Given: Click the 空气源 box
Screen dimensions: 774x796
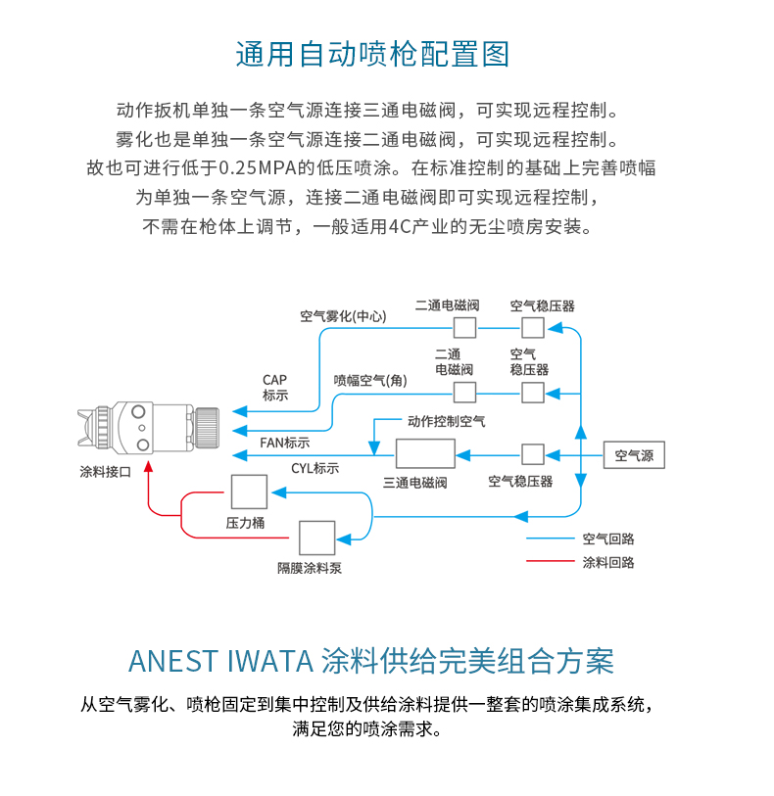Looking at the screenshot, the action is (x=634, y=455).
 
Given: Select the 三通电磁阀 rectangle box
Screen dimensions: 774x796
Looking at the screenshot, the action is (x=425, y=453).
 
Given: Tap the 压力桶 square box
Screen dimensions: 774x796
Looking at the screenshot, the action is (x=249, y=492).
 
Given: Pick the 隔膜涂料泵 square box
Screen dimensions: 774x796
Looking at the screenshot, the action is (x=316, y=538).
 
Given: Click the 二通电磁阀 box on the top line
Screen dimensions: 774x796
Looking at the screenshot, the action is (x=464, y=328).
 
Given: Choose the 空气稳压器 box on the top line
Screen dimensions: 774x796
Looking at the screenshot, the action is (x=533, y=328).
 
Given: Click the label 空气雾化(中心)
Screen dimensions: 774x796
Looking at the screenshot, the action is (x=343, y=316).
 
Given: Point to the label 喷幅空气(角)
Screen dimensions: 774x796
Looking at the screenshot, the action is (x=370, y=380).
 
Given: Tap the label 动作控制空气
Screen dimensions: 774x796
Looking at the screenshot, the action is (x=447, y=421).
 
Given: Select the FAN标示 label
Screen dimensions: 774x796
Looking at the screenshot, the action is (x=285, y=443).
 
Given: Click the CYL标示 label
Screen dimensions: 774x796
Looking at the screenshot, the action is (x=314, y=468).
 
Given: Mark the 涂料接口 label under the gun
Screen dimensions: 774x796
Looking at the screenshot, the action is (x=106, y=472).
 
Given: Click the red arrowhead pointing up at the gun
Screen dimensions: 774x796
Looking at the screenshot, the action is (x=148, y=466).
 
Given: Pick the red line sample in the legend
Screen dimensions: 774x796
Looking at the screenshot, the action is (x=550, y=561).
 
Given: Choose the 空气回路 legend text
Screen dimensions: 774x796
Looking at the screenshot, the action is (x=608, y=538).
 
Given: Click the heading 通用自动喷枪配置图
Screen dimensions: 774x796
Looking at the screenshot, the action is (x=372, y=54).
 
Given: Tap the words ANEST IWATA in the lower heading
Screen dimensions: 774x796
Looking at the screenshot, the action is (x=220, y=661).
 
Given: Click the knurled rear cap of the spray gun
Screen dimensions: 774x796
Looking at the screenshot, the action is (x=207, y=428).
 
